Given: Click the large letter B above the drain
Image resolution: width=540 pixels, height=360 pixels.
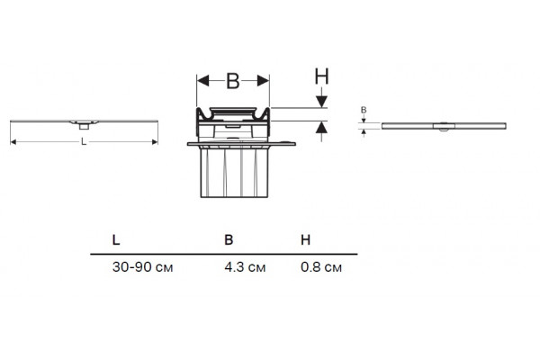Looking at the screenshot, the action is [x=232, y=81].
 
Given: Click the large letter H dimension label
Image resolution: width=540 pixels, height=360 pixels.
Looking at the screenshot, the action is [x=321, y=76].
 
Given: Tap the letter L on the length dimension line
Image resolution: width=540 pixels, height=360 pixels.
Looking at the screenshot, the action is [x=84, y=141].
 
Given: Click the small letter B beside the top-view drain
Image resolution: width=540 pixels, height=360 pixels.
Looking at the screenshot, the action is [x=364, y=110].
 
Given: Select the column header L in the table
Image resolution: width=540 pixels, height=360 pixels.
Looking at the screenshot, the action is [x=116, y=239].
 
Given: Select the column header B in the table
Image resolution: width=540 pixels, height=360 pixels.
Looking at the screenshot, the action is [x=229, y=239].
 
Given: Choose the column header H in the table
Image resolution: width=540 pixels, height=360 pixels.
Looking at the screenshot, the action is [x=305, y=239].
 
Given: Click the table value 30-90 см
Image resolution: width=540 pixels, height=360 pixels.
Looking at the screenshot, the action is [x=142, y=267].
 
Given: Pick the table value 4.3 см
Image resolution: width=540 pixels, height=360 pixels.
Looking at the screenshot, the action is [x=245, y=267].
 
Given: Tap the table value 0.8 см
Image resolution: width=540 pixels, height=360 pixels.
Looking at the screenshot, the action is [x=321, y=267].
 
